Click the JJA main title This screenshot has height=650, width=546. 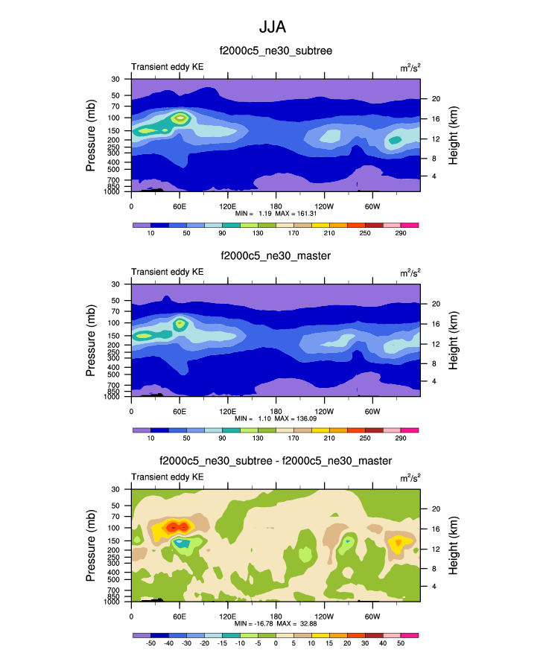coord(273,28)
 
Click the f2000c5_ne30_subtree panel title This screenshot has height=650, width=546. coord(275,51)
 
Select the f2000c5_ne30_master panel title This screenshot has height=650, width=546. coord(275,255)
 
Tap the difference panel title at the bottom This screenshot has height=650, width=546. coord(275,461)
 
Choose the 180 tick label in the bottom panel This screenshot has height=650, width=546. coord(276,616)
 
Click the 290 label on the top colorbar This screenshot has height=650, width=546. coord(400,233)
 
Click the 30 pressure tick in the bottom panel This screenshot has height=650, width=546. coord(116,489)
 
